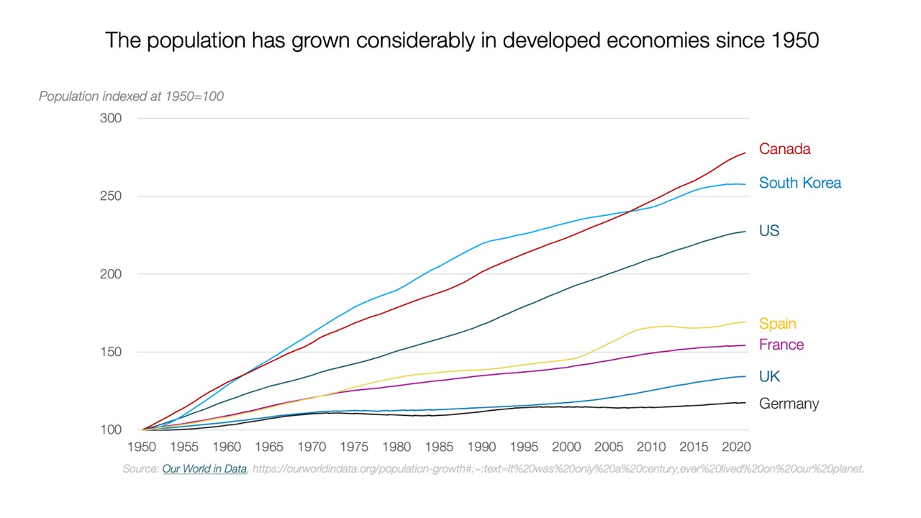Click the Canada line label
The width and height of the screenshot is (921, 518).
tap(784, 149)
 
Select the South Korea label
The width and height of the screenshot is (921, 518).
tap(799, 183)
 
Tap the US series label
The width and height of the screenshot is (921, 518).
tap(769, 231)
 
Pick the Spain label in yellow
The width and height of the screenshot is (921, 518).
tap(777, 324)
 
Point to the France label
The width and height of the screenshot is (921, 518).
tap(781, 345)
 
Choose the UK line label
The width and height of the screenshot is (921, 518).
tap(769, 376)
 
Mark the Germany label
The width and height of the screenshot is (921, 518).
tap(789, 404)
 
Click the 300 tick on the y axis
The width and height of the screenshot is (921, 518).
tap(111, 118)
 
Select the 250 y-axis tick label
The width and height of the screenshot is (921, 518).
tap(111, 196)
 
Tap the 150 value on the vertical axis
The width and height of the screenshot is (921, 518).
tap(111, 353)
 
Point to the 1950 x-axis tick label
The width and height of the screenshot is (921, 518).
tap(142, 447)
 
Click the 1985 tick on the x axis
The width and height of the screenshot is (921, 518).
tap(439, 447)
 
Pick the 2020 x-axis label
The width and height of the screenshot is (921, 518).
tap(736, 447)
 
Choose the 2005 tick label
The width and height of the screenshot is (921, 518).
tap(609, 447)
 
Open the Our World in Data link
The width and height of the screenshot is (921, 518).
tap(205, 469)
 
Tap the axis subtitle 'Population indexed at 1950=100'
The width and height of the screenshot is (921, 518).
tap(131, 96)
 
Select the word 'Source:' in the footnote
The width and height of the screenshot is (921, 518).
tap(140, 469)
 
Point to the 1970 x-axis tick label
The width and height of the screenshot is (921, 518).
tap(312, 447)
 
